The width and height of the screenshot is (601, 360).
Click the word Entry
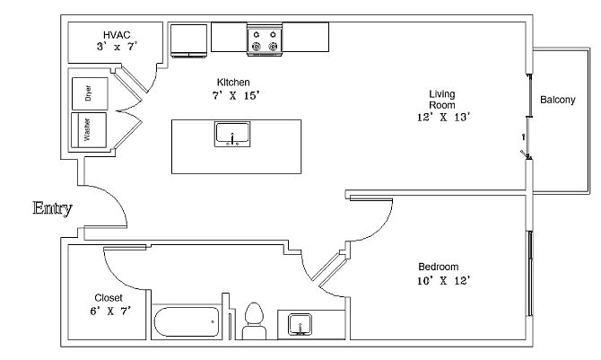point(52,209)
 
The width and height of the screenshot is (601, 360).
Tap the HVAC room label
point(117,34)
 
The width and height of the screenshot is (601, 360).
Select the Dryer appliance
point(89,92)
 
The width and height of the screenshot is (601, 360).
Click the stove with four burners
point(265,39)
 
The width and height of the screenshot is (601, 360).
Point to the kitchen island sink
point(233,135)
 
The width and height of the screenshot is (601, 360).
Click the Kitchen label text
point(233,83)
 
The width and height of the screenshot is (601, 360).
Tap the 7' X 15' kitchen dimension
point(236,94)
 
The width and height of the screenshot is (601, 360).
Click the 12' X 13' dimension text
point(443,117)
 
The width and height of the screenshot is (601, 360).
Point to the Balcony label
point(557,100)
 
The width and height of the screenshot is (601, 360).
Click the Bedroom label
point(439,267)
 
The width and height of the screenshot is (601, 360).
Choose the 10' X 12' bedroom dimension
point(444,280)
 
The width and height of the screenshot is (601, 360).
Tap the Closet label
point(109,297)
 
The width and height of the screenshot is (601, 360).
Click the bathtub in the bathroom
point(186,321)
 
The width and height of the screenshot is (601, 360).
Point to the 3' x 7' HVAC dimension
point(117,46)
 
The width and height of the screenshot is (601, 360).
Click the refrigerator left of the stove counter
point(187,39)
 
